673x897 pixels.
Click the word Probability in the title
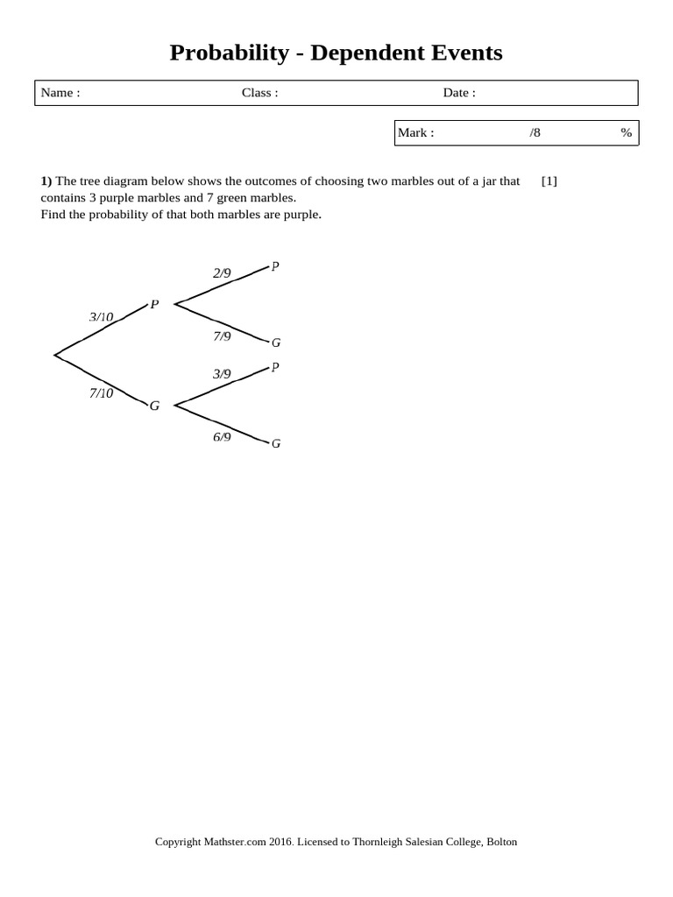point(229,53)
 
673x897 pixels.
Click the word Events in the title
point(465,53)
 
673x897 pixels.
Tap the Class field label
point(259,93)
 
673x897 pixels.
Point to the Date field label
point(459,93)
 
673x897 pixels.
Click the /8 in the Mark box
point(535,133)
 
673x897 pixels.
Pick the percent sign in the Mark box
point(626,133)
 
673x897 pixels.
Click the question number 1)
point(46,181)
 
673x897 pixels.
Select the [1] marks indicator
point(549,181)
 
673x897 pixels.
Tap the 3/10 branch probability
point(101,316)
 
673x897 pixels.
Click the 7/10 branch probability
point(101,393)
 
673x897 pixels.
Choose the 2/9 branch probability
point(222,273)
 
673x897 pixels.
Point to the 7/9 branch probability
point(222,335)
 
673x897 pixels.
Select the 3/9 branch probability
point(222,374)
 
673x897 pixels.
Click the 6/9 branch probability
point(222,436)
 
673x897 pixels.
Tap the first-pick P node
point(154,305)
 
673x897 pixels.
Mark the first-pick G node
point(154,406)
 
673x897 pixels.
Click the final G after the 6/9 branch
point(276,443)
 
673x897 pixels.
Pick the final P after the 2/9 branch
point(275,266)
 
